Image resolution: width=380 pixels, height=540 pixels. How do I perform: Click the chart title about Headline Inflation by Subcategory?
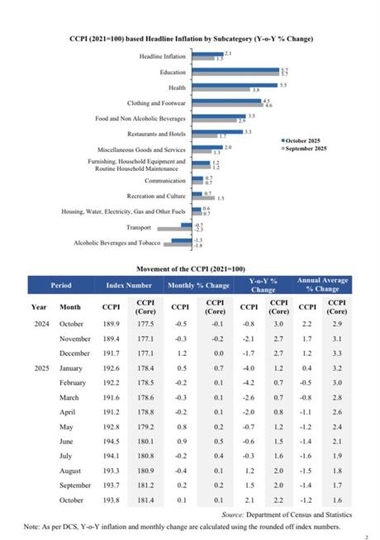pos(190,39)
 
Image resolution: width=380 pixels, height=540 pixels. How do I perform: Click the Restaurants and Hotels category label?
pos(156,133)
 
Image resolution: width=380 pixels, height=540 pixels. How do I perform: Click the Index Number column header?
pos(129,286)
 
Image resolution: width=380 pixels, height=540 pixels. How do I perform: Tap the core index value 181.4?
pos(146,500)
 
